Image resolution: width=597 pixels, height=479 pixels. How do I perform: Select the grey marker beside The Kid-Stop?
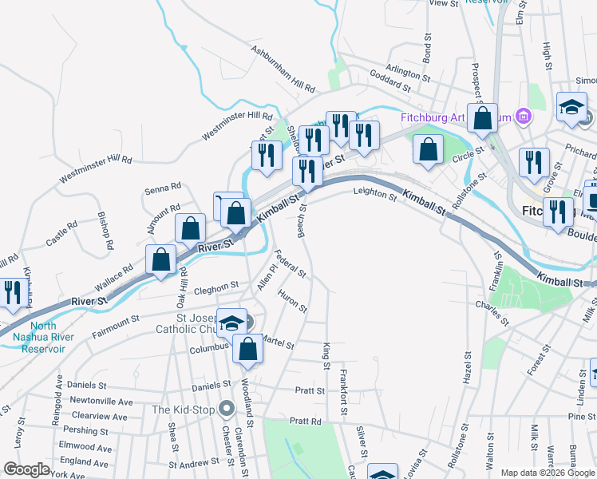click(x=227, y=410)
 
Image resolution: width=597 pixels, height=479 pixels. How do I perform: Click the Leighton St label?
click(x=375, y=194)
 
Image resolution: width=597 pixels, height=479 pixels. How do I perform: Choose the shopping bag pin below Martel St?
click(x=248, y=350)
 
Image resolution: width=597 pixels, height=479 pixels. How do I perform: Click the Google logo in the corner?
click(x=27, y=469)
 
